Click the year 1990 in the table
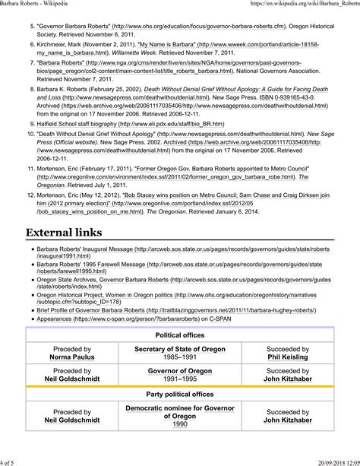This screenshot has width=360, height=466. click(x=179, y=424)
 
